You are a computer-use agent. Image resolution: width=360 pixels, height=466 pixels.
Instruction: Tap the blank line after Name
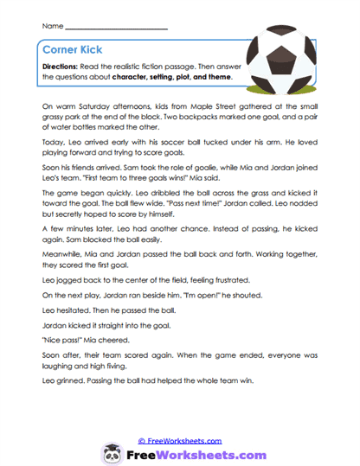tap(116, 28)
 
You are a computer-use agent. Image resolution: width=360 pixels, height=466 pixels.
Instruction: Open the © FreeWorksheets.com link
tap(180, 440)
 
